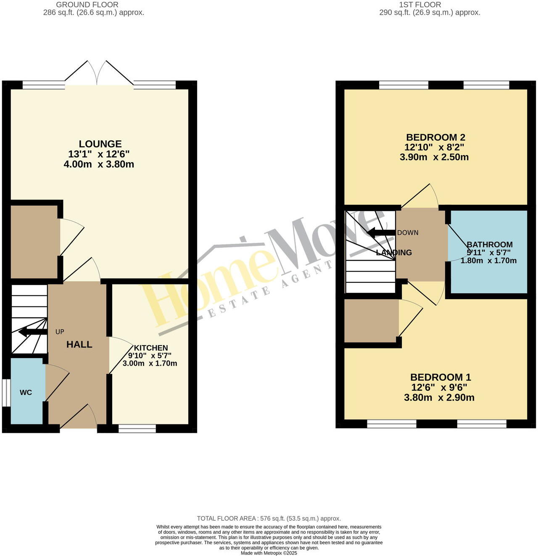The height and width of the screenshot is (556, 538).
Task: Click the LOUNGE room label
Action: [x=100, y=144]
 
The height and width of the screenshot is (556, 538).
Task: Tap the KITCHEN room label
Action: [x=151, y=348]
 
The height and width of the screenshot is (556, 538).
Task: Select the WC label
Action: [x=26, y=393]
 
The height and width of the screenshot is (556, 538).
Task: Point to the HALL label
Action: [x=79, y=345]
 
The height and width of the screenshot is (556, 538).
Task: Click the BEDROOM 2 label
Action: [x=435, y=137]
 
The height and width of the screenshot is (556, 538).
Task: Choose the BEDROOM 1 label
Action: [x=440, y=377]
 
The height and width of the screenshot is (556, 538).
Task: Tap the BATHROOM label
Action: [x=490, y=245]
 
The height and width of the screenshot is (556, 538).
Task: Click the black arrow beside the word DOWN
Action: [x=381, y=232]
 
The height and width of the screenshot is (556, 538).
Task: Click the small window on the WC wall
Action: [x=6, y=393]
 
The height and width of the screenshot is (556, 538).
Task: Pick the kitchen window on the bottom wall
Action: [x=137, y=428]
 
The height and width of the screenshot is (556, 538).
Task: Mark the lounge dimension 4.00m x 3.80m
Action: [x=99, y=164]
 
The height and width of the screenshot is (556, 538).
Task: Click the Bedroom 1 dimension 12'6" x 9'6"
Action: [x=439, y=387]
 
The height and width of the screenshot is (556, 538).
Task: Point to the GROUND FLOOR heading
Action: [x=87, y=5]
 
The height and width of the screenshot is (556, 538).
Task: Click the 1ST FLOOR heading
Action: [x=420, y=5]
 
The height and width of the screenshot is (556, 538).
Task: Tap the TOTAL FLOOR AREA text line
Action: [x=269, y=519]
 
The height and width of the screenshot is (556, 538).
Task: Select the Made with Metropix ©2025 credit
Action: [x=269, y=553]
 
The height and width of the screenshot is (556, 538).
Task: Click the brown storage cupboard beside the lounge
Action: [x=34, y=242]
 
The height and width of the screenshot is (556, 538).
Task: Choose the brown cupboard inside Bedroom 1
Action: [x=371, y=321]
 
